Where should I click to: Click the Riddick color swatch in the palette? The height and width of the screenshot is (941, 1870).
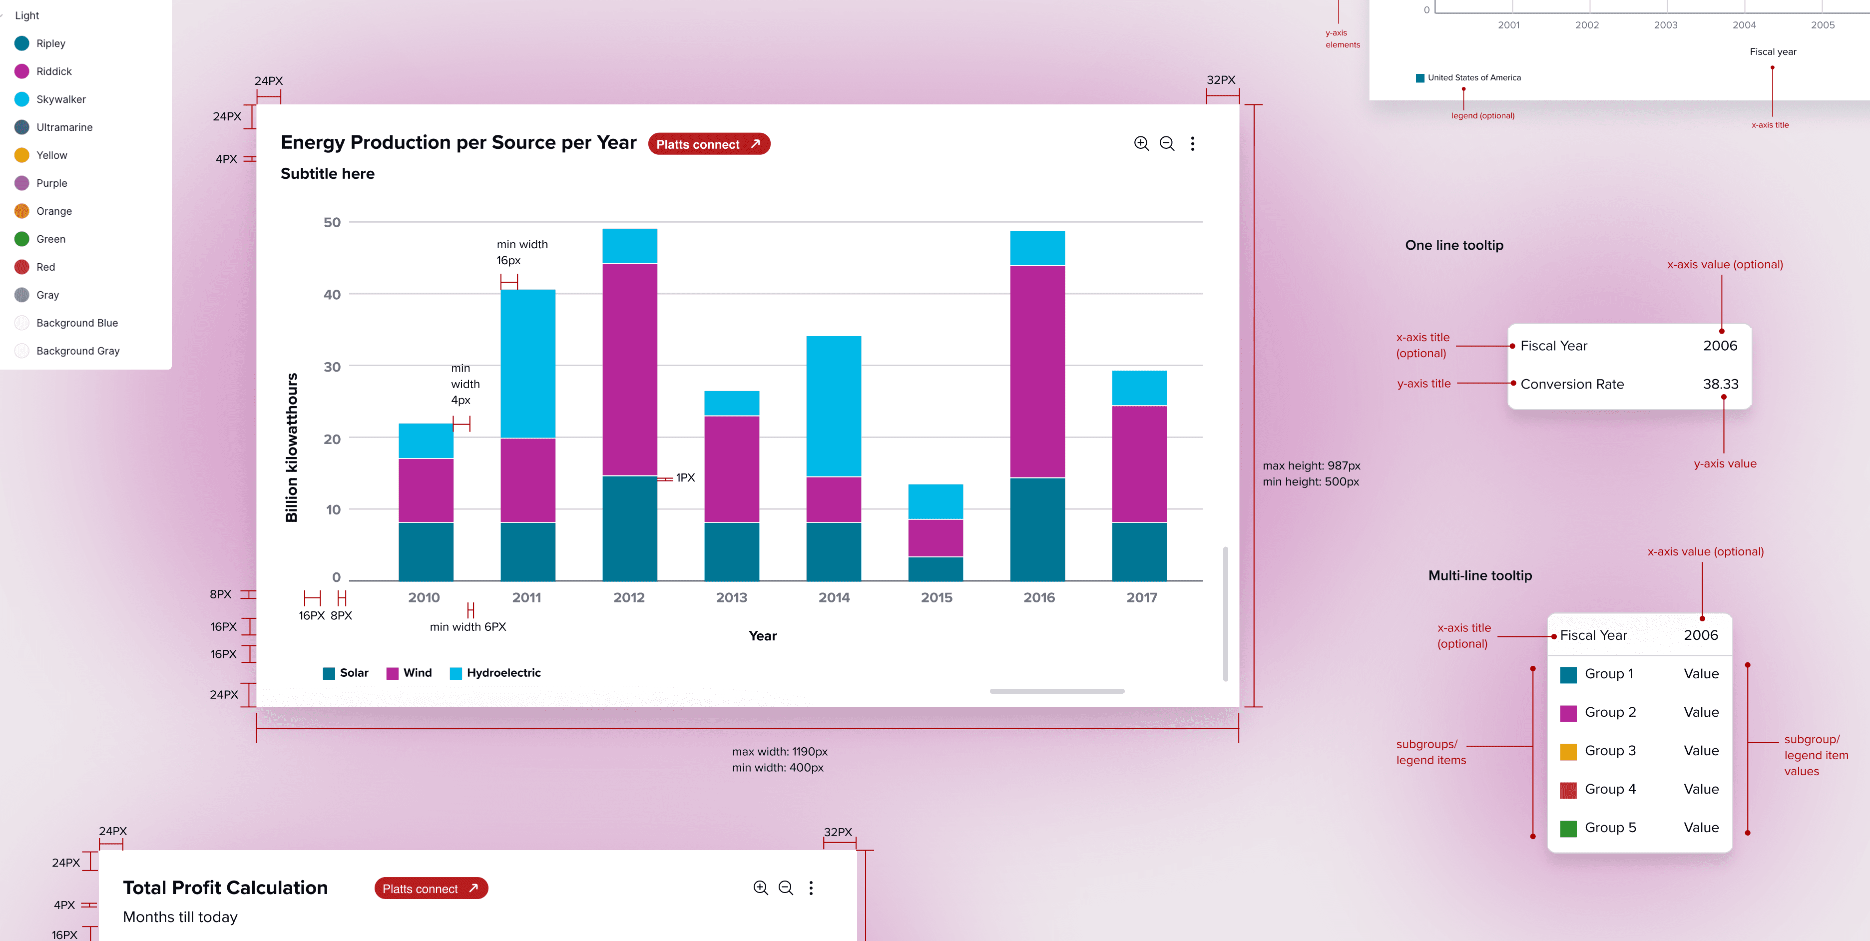coord(22,71)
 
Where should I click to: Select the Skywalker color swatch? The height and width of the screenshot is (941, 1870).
coord(22,99)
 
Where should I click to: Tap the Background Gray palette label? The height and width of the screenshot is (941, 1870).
coord(78,351)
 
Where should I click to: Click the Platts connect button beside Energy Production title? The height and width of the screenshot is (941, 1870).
coord(708,144)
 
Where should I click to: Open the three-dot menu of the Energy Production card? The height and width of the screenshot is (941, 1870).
coord(1192,144)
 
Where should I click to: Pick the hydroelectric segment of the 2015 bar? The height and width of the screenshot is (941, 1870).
coord(935,501)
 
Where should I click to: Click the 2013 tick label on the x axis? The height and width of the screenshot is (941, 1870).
coord(731,597)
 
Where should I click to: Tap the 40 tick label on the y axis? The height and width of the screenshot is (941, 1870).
coord(332,294)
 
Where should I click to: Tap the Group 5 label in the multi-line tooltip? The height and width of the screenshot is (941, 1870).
coord(1610,828)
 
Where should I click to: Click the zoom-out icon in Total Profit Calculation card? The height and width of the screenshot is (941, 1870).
coord(786,888)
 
